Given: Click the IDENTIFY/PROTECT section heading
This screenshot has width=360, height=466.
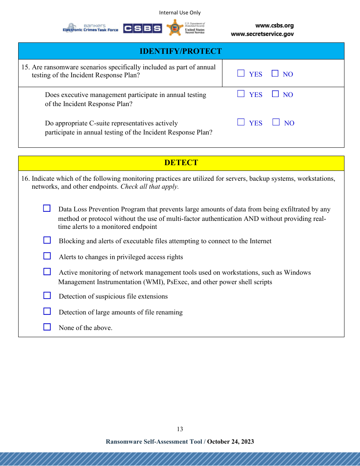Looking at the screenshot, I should pyautogui.click(x=181, y=51).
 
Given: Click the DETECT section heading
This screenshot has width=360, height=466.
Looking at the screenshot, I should pyautogui.click(x=181, y=163).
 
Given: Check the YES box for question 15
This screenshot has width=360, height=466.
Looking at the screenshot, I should pyautogui.click(x=241, y=73).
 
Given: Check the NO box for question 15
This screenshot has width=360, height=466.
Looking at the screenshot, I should pyautogui.click(x=275, y=73).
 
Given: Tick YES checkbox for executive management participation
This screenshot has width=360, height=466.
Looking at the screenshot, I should pyautogui.click(x=241, y=94).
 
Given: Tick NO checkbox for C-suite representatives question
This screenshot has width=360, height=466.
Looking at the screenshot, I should pyautogui.click(x=276, y=122).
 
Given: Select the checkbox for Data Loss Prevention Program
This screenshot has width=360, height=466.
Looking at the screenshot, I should pyautogui.click(x=47, y=208).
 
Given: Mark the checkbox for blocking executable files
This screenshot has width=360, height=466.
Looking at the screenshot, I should pyautogui.click(x=47, y=240).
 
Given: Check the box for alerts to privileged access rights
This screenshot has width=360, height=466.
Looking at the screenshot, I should pyautogui.click(x=47, y=256).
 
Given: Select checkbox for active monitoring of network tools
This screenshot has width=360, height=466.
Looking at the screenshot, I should pyautogui.click(x=47, y=272).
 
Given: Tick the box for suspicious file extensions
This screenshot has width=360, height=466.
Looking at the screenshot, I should pyautogui.click(x=47, y=296).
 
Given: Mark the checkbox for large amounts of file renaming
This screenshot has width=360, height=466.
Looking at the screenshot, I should pyautogui.click(x=47, y=311).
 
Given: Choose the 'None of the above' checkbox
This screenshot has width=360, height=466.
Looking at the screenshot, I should pyautogui.click(x=47, y=327).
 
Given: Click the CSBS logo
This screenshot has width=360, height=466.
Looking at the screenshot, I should pyautogui.click(x=142, y=28).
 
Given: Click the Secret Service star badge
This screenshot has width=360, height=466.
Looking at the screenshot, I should pyautogui.click(x=175, y=28).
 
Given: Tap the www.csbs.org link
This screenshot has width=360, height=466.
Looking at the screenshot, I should pyautogui.click(x=274, y=26).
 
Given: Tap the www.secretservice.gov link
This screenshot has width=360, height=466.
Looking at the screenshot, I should pyautogui.click(x=262, y=34).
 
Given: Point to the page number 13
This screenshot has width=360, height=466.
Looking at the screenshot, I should pyautogui.click(x=180, y=429).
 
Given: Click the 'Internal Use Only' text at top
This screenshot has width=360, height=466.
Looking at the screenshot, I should pyautogui.click(x=180, y=13).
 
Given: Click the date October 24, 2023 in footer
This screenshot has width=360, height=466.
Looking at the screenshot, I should pyautogui.click(x=230, y=441).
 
